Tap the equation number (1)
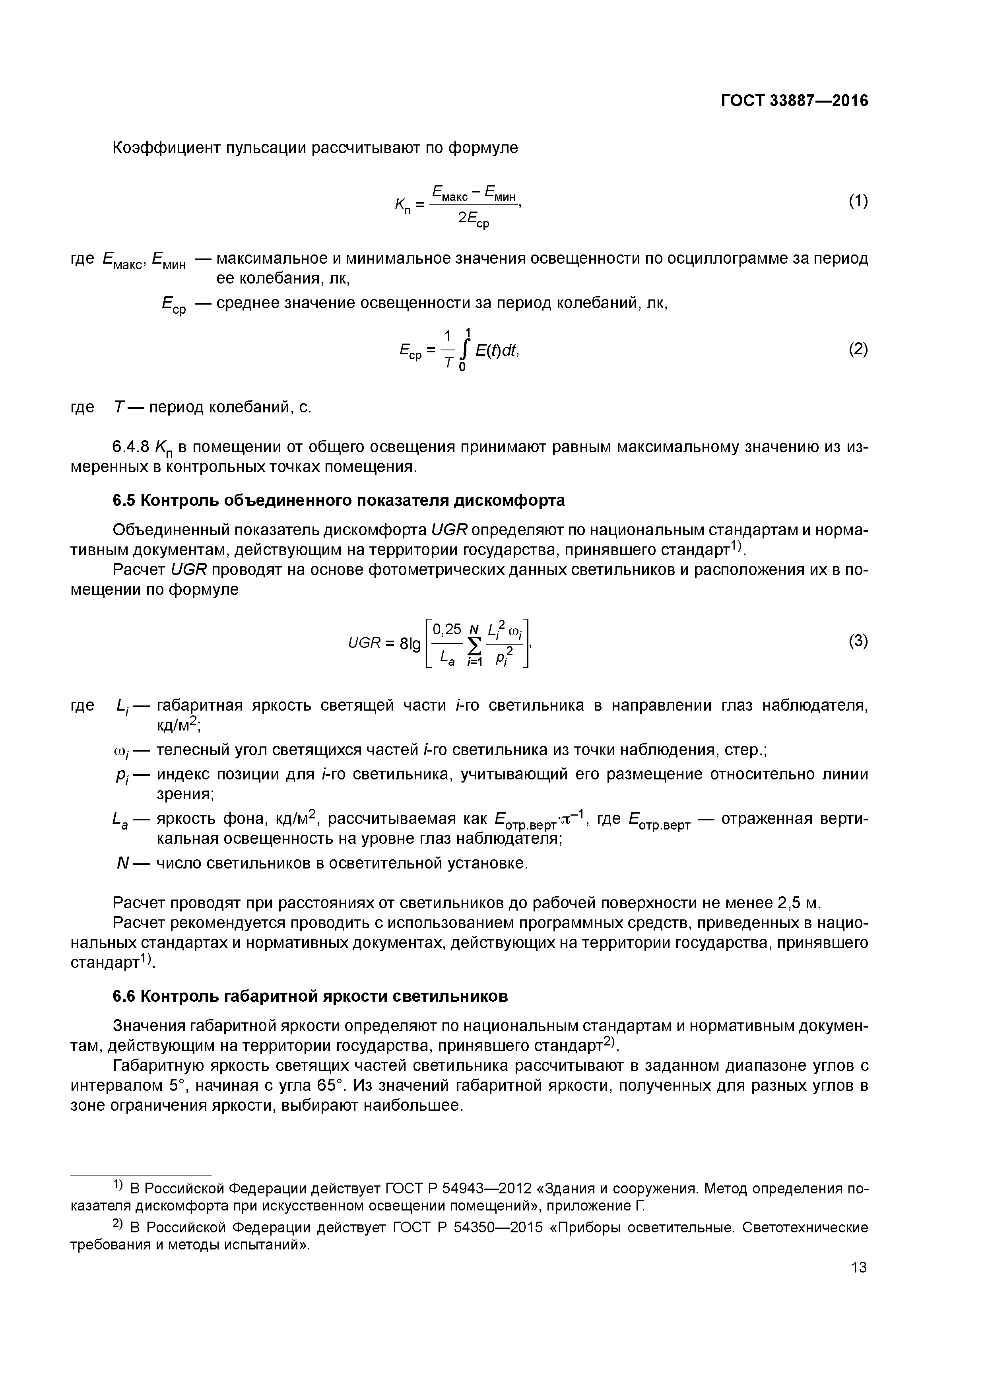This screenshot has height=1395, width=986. (x=858, y=201)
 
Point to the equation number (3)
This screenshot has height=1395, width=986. (x=858, y=641)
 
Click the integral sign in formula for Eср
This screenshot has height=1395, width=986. (x=465, y=350)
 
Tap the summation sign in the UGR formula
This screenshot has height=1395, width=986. (x=474, y=644)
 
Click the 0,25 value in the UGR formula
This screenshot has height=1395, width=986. (x=446, y=629)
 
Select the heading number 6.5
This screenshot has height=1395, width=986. (x=124, y=501)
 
